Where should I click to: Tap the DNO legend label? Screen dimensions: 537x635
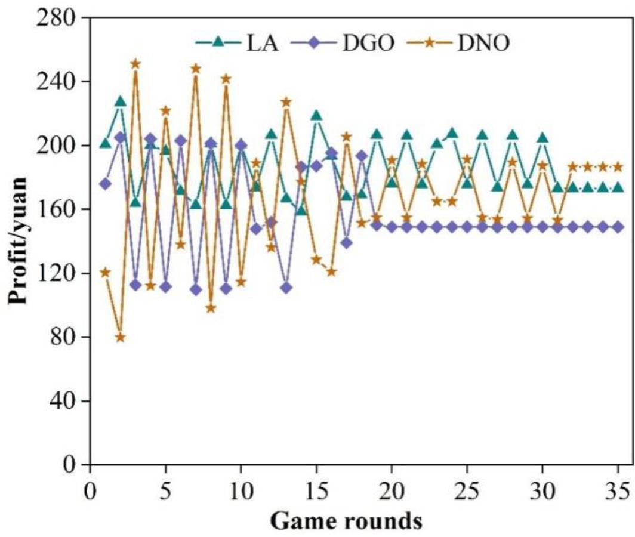[x=483, y=44]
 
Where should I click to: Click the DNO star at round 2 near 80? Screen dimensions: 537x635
[x=121, y=337]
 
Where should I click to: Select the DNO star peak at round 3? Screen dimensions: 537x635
[x=135, y=64]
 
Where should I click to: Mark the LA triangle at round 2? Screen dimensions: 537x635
[x=121, y=101]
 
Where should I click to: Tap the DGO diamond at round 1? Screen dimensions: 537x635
[x=105, y=184]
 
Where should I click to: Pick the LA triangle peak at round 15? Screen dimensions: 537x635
[x=316, y=115]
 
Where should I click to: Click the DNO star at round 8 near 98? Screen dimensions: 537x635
[x=211, y=308]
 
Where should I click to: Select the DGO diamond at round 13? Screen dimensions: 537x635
[x=286, y=288]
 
